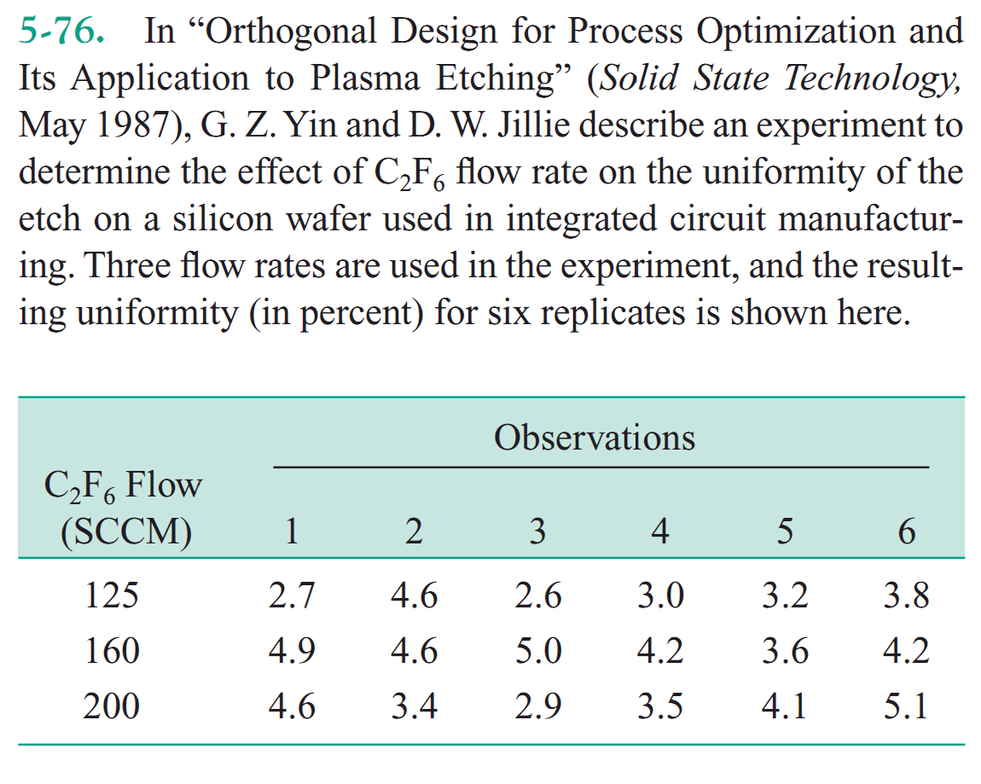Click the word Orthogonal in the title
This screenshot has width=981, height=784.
[287, 32]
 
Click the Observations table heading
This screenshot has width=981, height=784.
[595, 438]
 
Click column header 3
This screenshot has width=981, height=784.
[537, 531]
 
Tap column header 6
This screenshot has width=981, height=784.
[906, 531]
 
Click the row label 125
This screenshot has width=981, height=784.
[111, 595]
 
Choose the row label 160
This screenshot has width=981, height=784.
[111, 651]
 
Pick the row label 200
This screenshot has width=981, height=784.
[111, 707]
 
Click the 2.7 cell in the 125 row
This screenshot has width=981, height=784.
[291, 595]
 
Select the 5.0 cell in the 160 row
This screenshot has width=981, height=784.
[537, 651]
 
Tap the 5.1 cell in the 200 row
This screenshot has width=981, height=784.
[906, 707]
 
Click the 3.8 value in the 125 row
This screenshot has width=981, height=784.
[906, 595]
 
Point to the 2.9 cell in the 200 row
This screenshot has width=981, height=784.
[537, 707]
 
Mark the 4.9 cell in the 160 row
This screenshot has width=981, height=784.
[291, 651]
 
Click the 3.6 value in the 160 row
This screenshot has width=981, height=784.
[784, 651]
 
